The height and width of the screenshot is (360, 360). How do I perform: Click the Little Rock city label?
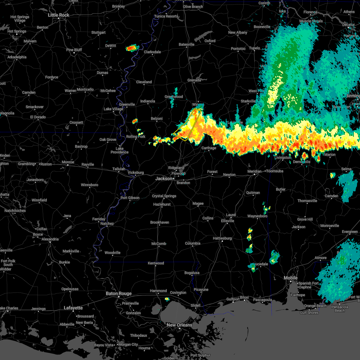click(x=59, y=15)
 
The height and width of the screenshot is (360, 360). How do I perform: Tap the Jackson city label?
click(x=164, y=178)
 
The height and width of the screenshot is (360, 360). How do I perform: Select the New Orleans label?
click(x=179, y=325)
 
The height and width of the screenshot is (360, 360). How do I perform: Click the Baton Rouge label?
click(x=118, y=293)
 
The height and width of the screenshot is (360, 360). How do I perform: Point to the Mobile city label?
click(x=291, y=278)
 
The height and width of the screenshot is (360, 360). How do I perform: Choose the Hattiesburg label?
click(x=222, y=238)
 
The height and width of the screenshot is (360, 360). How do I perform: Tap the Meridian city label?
click(x=254, y=171)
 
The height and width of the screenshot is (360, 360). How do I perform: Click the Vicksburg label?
click(x=136, y=172)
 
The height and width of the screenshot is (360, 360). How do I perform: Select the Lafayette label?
click(x=73, y=308)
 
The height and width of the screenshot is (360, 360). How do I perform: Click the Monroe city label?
click(x=68, y=162)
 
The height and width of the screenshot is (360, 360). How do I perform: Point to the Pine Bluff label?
click(x=74, y=50)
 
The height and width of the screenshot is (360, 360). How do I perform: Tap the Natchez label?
click(x=107, y=223)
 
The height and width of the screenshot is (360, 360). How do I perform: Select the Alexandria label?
click(x=50, y=239)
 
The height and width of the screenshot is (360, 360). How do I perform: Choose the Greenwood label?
click(x=174, y=97)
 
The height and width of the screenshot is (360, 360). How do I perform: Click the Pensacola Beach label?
click(x=340, y=309)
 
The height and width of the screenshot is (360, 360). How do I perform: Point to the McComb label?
click(x=159, y=244)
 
